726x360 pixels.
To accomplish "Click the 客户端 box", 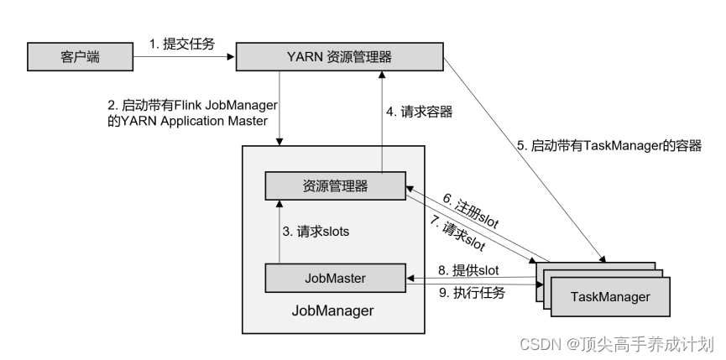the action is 80,57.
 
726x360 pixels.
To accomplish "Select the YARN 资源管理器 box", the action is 339,57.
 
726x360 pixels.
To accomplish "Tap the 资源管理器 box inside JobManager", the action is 335,186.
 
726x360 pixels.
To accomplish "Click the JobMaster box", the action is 335,278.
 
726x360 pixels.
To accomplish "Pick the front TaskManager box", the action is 610,296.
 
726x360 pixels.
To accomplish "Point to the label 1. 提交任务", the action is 182,44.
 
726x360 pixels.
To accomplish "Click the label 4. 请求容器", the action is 420,112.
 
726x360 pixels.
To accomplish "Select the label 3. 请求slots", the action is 316,232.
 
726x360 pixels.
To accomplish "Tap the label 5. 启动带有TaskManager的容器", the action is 609,146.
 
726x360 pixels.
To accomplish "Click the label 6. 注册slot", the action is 470,211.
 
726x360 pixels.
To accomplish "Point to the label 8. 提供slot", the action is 468,270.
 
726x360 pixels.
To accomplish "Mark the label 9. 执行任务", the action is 472,293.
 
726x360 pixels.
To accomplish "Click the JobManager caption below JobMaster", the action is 332,310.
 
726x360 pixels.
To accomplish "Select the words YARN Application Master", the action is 195,121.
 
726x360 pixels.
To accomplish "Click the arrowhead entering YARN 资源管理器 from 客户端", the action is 232,57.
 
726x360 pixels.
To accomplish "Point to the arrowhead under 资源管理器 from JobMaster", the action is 279,204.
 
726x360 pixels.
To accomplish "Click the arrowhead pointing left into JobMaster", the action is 410,278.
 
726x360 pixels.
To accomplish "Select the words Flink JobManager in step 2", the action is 226,106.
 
